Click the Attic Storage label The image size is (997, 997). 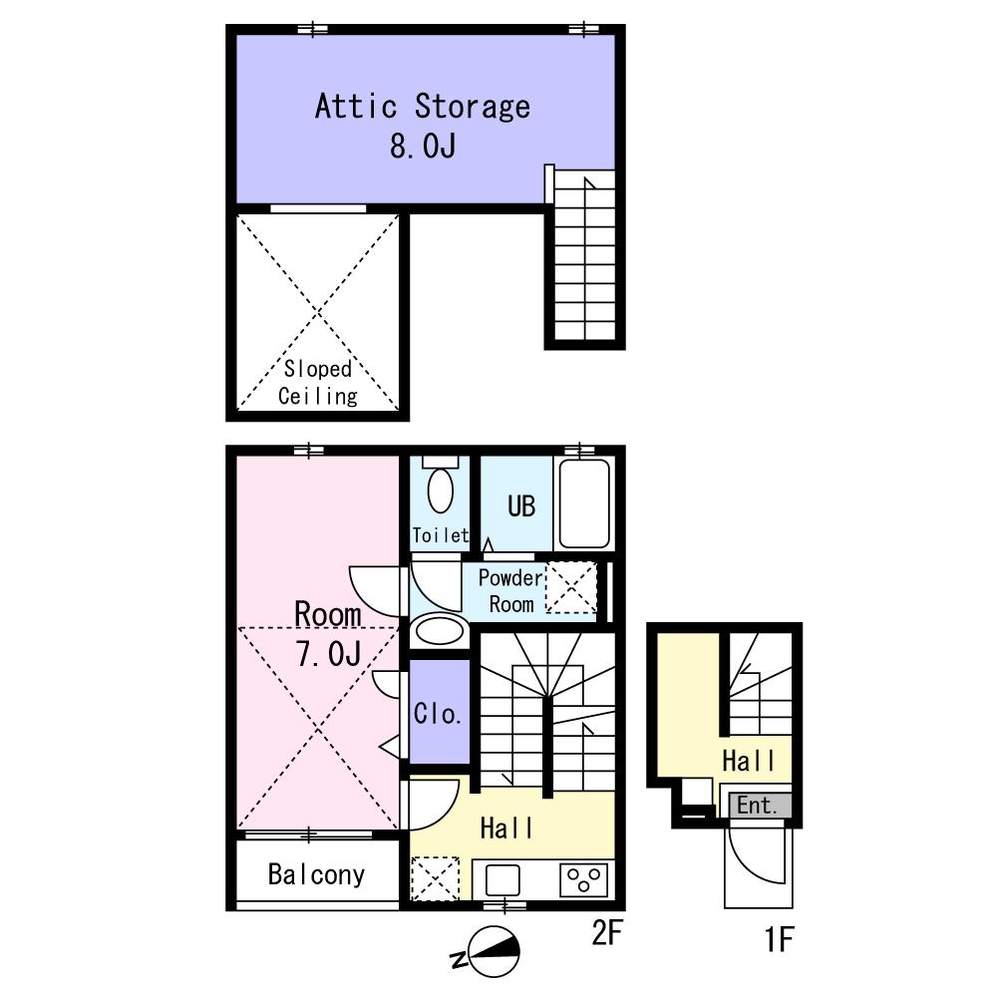point(423,107)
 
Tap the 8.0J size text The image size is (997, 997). point(423,146)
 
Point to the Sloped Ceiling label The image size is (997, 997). point(318,382)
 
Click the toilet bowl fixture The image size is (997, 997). point(441,491)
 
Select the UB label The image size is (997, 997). point(521,506)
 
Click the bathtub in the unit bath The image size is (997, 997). point(584,503)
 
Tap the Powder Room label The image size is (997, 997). point(511,590)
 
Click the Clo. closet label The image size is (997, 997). point(438,714)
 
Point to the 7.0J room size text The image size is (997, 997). point(329,653)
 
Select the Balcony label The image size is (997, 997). point(317,875)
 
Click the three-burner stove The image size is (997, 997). point(583,880)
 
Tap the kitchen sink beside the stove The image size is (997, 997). point(502,880)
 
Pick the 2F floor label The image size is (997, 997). point(606,933)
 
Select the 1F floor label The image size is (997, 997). point(779,939)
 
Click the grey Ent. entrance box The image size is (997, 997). point(760,806)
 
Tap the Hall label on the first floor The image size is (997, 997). point(749,761)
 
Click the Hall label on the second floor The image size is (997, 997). point(506,829)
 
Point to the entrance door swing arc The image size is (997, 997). point(745,867)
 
